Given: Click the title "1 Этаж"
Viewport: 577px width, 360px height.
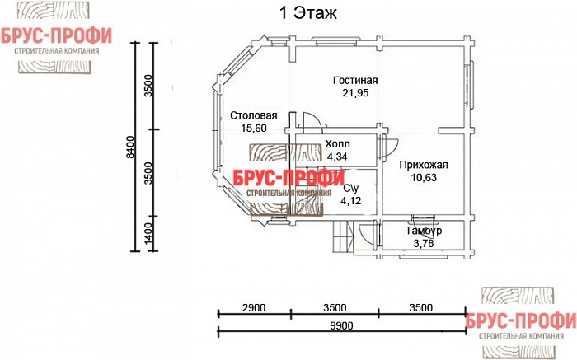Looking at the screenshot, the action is coord(308,13).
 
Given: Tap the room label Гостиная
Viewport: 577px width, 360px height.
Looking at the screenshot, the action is coord(355,80).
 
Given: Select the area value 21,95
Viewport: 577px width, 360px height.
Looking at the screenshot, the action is coord(355,92).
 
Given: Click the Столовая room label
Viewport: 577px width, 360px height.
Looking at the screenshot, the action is coord(254,115).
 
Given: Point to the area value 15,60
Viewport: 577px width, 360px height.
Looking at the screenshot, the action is coord(254,128).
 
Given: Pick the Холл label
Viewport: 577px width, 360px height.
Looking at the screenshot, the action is coord(337,144).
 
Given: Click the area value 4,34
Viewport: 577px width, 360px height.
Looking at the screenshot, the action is coord(337,157).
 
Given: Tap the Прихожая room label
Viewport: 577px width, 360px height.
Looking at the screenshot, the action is coord(424,165).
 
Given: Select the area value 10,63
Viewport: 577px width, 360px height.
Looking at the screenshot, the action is coord(424,178).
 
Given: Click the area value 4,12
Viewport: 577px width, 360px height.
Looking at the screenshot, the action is coord(350,201).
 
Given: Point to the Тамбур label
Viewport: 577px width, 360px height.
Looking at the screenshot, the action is coord(424,231).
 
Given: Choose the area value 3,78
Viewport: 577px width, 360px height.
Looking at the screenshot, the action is coord(424,243).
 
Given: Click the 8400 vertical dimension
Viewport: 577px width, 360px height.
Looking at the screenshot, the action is coord(130,147).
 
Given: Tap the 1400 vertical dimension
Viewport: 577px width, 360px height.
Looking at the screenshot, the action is coord(148,234).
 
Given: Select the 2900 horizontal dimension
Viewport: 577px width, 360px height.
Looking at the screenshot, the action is coord(254,307).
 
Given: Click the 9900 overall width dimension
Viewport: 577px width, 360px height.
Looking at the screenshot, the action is coord(341,325).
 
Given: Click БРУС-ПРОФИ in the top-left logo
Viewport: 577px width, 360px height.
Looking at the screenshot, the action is coord(56,36).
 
